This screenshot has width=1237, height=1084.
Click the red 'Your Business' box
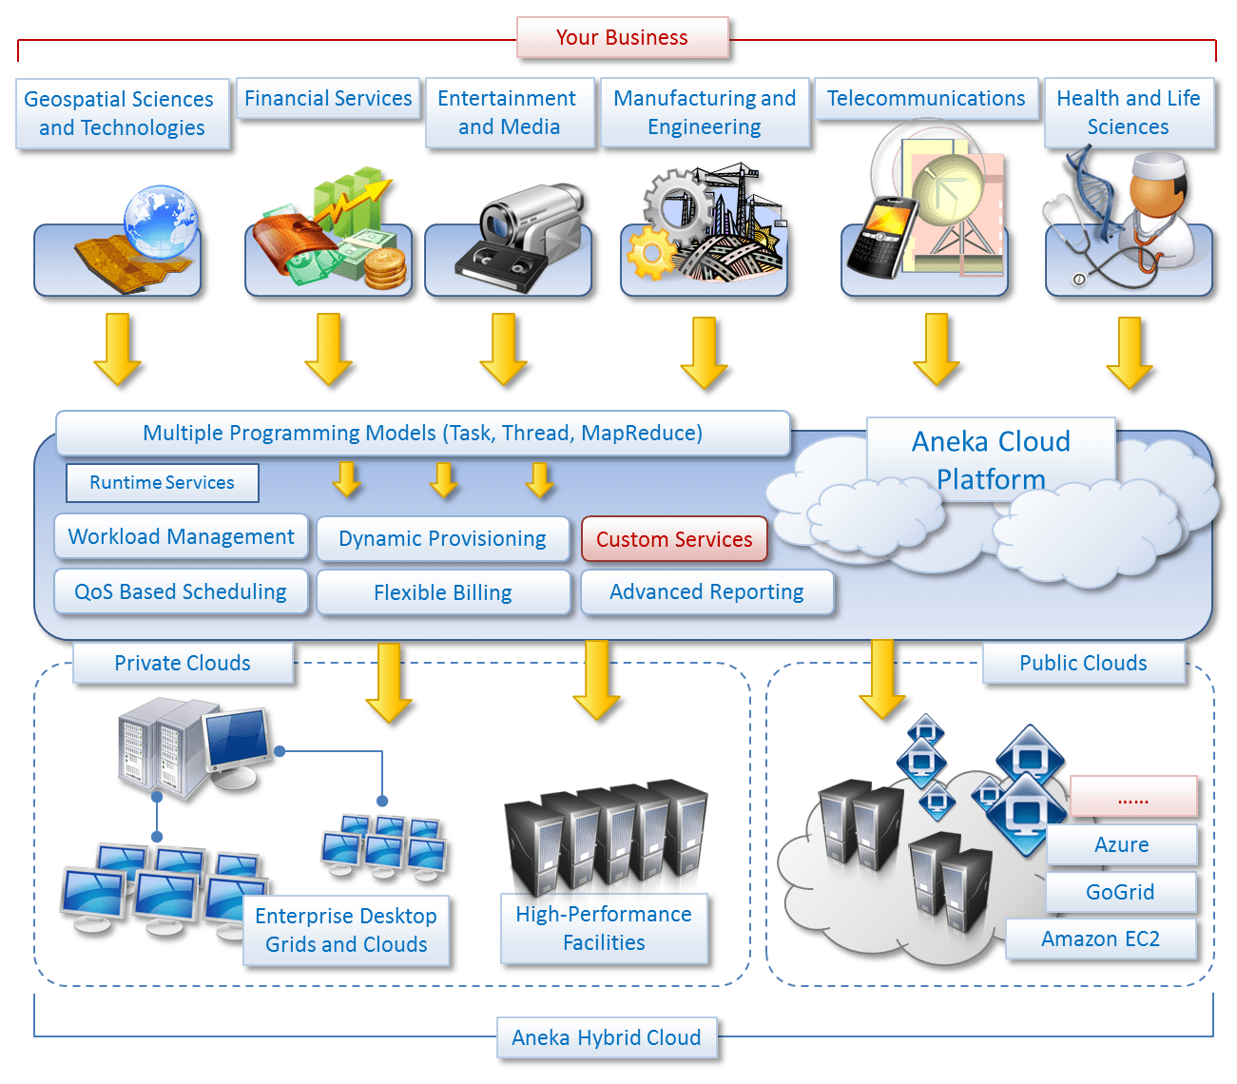coord(622,38)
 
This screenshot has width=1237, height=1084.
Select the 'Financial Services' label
coord(328,99)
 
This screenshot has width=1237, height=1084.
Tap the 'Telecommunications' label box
coord(925,99)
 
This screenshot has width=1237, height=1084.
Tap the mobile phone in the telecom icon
coord(880,237)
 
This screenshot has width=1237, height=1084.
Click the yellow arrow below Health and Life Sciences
coord(1130,352)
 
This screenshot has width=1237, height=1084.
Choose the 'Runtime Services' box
coord(162,483)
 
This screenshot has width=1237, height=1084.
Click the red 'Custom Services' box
coord(673,539)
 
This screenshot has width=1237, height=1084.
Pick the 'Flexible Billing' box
coord(443,593)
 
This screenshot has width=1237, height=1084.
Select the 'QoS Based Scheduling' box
coord(181,591)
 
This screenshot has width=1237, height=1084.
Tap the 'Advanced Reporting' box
coord(706,592)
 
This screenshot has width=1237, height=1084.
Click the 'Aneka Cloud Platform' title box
coord(991,459)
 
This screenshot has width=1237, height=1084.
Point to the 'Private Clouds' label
coord(183,664)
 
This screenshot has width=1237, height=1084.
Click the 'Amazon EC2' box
coord(1100,939)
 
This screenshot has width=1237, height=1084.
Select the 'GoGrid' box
coord(1120,892)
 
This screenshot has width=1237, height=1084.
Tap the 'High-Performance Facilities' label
coord(604,928)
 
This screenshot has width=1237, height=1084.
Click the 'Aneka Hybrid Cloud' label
coord(607,1037)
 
